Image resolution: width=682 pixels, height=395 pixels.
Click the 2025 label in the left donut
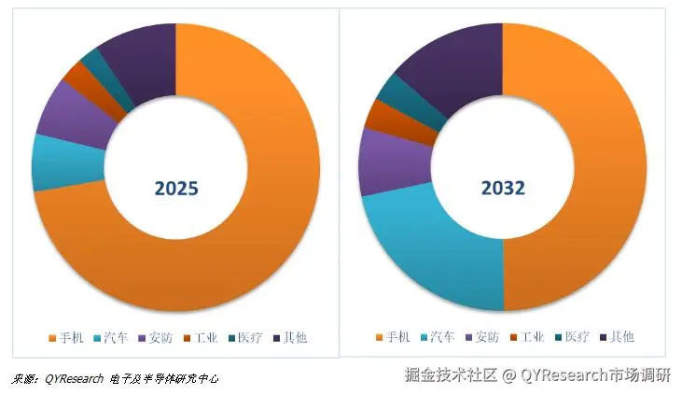point(176,188)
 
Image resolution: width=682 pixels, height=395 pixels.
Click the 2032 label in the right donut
point(503,188)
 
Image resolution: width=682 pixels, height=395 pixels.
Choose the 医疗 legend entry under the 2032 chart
point(576,337)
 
